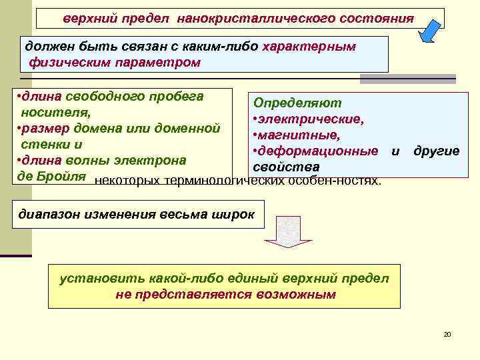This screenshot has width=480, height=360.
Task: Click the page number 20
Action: [x=447, y=333]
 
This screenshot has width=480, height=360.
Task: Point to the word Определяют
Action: [x=293, y=103]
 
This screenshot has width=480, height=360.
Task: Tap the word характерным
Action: [x=309, y=47]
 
